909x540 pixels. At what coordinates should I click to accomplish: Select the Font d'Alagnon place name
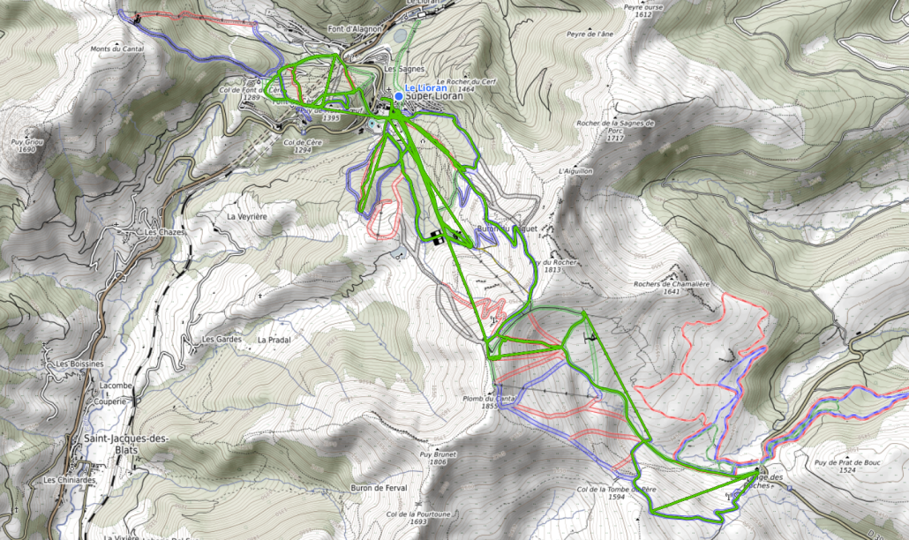357,28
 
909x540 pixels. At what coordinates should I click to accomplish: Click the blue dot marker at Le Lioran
399,96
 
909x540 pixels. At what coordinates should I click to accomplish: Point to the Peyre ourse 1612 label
637,10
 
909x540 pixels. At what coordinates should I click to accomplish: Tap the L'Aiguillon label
575,171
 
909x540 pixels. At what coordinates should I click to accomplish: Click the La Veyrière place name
246,216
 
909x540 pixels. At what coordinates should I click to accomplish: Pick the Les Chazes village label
152,233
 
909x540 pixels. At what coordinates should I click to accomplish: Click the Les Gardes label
222,339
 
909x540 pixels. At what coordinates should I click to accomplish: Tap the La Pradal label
274,339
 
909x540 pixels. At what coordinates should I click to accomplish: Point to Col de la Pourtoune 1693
418,517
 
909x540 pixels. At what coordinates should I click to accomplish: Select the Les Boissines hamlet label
80,364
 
